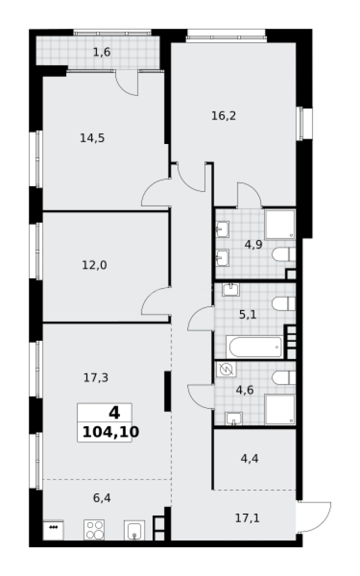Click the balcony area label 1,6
[x=101, y=52]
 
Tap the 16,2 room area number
[x=223, y=116]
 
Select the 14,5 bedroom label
[x=92, y=138]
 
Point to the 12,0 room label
[x=94, y=265]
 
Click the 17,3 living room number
[x=95, y=378]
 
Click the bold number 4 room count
[x=114, y=412]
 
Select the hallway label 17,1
[x=247, y=517]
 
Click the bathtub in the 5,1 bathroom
[x=254, y=347]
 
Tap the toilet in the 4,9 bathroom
[x=283, y=254]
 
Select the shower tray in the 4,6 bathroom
[x=280, y=410]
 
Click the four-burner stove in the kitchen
[x=94, y=530]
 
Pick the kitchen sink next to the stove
[x=134, y=531]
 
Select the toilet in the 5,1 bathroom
[x=283, y=304]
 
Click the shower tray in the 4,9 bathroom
[x=280, y=224]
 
